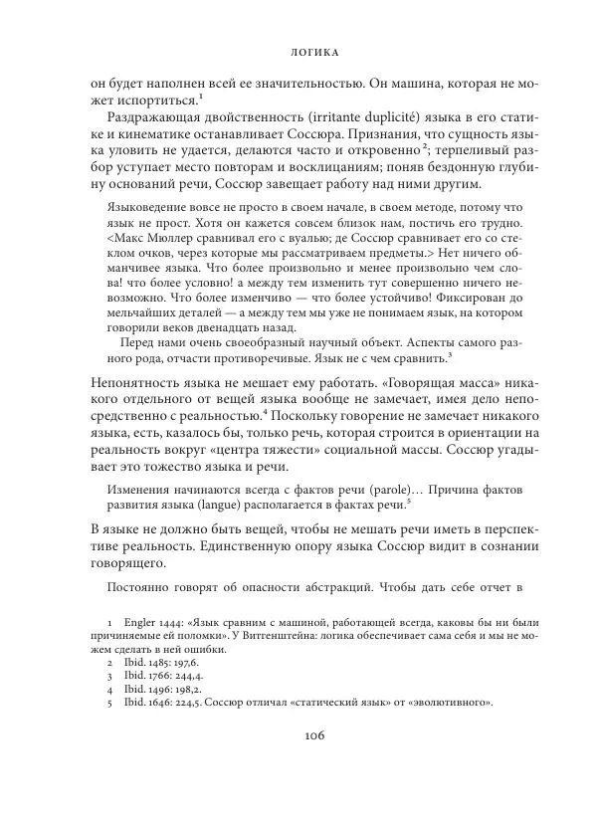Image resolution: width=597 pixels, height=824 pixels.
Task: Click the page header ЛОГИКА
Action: click(x=298, y=47)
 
